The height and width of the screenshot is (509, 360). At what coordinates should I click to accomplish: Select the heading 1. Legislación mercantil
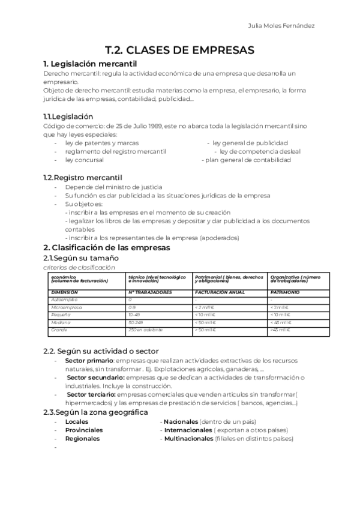coord(91,63)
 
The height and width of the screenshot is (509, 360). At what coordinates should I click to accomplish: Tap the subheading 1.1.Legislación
coord(68,116)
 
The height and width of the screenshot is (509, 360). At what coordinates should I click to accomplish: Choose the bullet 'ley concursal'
coord(84,160)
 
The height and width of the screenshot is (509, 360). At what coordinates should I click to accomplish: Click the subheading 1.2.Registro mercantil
coord(82,178)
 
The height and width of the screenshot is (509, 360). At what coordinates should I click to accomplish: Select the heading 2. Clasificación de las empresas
coord(107,247)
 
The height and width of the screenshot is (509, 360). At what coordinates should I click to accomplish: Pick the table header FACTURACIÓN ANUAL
coord(220,292)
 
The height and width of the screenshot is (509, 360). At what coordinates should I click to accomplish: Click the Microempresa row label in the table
coord(67,307)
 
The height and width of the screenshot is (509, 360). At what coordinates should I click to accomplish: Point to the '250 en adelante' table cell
coord(142,330)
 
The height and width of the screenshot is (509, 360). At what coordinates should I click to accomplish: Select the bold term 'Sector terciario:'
coord(92,394)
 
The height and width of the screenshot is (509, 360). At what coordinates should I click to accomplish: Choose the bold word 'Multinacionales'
coord(188,439)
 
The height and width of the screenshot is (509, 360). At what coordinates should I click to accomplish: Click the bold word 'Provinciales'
coord(84,430)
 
